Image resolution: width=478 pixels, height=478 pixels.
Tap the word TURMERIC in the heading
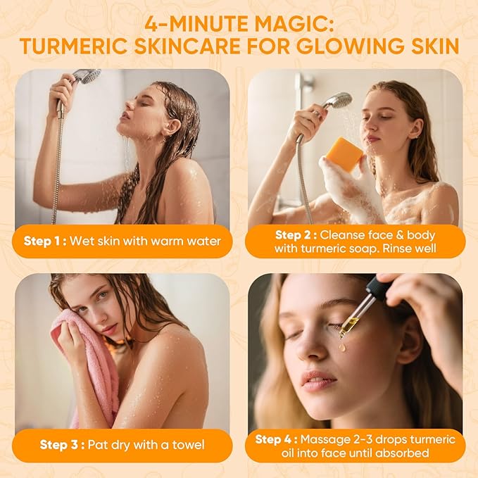(80, 46)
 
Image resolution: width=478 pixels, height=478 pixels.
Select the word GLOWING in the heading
(351, 46)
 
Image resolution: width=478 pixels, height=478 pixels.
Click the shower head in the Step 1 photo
(87, 76)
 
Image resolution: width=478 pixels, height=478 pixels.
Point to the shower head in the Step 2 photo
(339, 100)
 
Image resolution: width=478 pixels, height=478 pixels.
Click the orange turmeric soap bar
(344, 153)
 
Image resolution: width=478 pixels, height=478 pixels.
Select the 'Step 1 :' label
(46, 241)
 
